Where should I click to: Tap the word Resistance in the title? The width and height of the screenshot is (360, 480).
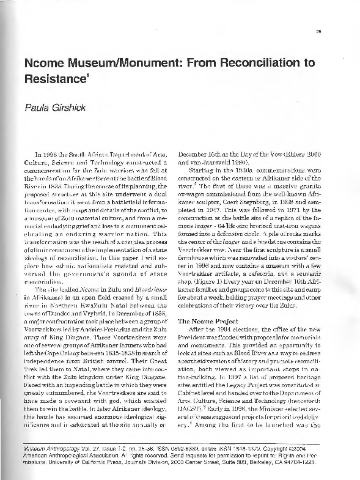54,79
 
